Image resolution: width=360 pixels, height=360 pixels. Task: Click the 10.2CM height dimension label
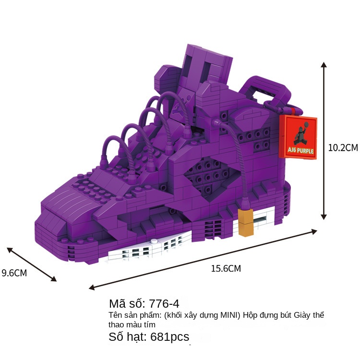tap(342, 148)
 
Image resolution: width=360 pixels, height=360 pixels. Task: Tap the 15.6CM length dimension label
tap(226, 269)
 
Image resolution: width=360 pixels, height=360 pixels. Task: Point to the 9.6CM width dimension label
tap(14, 273)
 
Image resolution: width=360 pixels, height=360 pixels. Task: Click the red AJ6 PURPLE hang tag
tap(298, 136)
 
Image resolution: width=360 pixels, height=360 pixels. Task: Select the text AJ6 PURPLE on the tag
tap(301, 151)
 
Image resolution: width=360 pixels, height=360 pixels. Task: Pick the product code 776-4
tap(164, 303)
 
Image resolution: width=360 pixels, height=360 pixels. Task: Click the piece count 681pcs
tap(169, 336)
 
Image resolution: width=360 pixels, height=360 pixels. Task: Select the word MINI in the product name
tap(231, 315)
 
